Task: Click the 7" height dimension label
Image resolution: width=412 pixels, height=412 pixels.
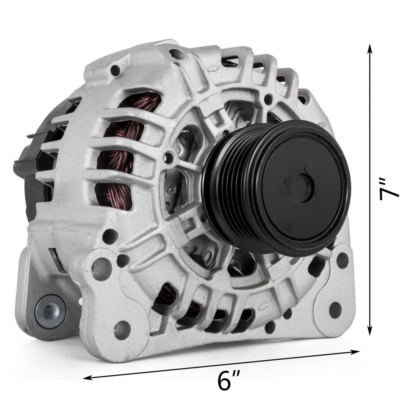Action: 389,189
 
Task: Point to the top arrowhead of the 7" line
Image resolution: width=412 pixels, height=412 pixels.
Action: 370,49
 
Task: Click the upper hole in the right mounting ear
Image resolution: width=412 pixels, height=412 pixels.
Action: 342,260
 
